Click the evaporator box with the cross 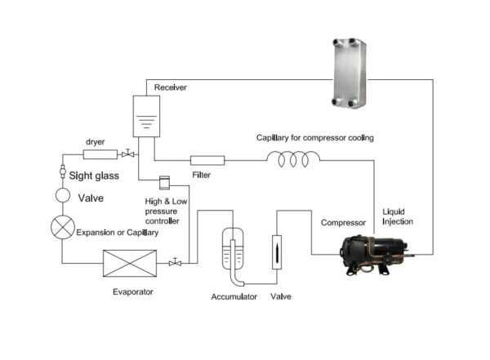pos(129,263)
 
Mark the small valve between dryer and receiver pos(127,154)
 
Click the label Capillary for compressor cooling pos(314,138)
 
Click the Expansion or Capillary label pos(117,233)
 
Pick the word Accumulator pos(235,296)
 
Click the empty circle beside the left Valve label pos(63,196)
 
